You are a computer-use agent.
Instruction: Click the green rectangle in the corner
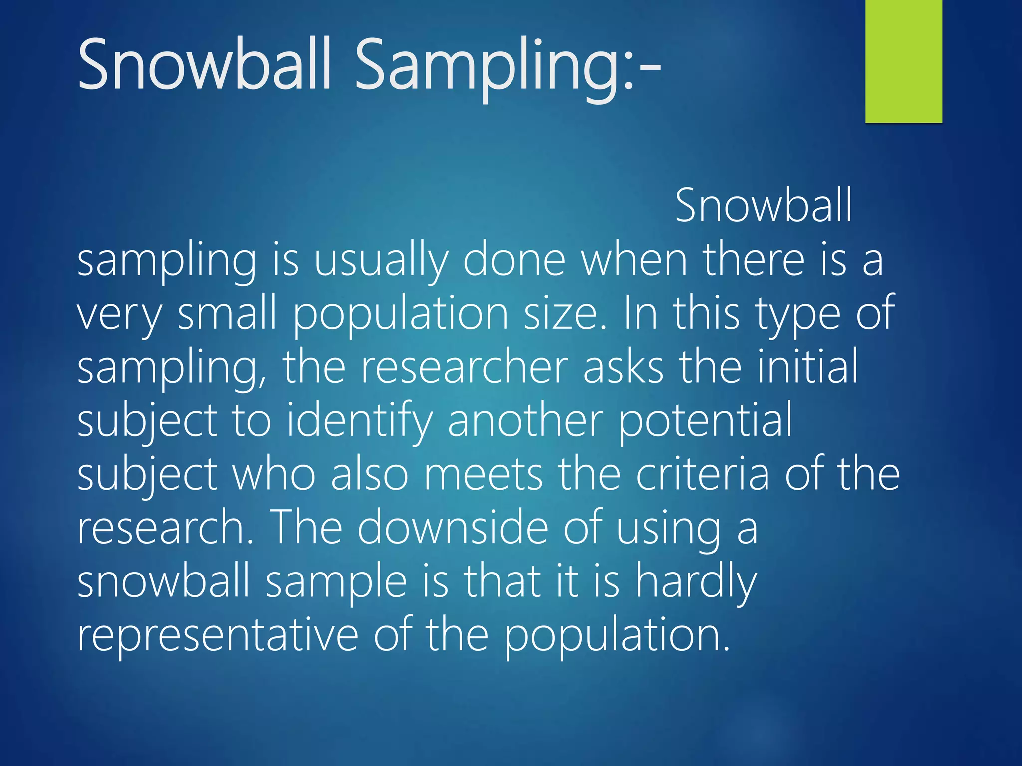pos(903,61)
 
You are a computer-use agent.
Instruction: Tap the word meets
pos(483,475)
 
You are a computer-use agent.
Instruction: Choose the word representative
pos(218,636)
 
